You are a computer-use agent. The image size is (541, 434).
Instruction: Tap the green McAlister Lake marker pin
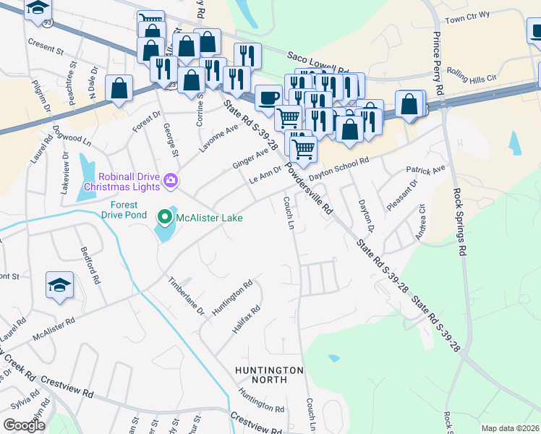tap(164, 216)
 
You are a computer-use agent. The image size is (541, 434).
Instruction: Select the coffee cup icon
tap(269, 98)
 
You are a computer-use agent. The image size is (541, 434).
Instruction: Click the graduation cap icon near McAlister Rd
tap(59, 286)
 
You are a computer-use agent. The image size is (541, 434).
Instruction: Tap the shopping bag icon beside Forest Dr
tap(119, 89)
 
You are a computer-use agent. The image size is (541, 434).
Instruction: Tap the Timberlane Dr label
tap(187, 296)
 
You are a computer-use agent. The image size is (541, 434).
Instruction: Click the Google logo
tap(25, 425)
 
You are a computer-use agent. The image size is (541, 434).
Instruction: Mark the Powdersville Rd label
tap(308, 188)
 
